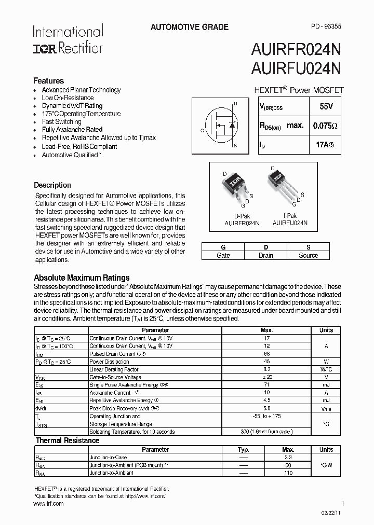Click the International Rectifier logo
(x=68, y=39)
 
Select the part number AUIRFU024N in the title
(x=296, y=68)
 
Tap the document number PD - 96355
(x=326, y=26)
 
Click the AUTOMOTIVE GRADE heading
(x=189, y=27)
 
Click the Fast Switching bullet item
(x=61, y=122)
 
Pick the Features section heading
(x=49, y=81)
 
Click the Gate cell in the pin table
(x=223, y=255)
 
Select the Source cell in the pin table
(x=308, y=255)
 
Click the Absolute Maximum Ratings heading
(x=82, y=278)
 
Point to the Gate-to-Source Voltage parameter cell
(x=115, y=377)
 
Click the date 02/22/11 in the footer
(x=332, y=513)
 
